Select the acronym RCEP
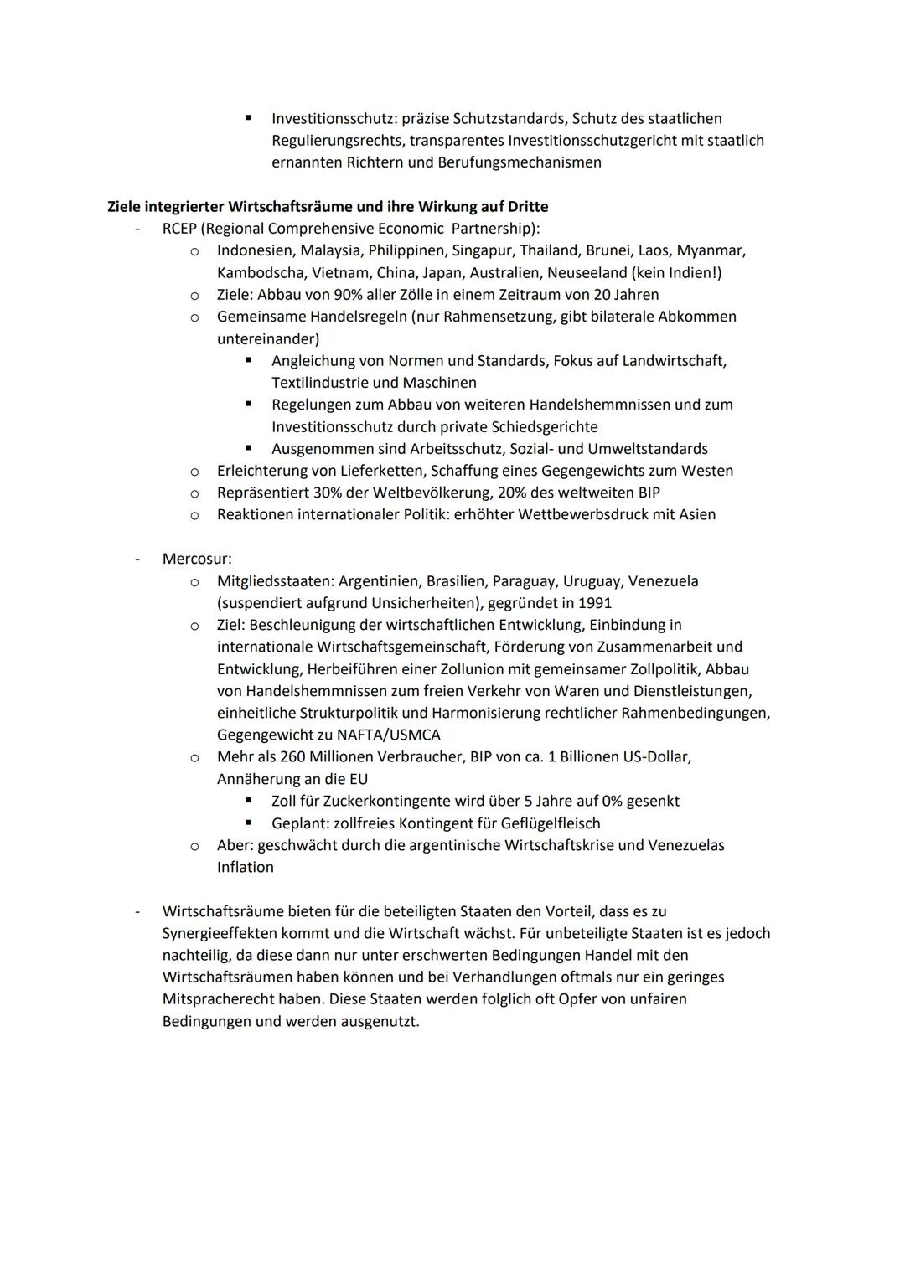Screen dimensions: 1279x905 pos(179,229)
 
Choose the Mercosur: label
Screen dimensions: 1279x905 pos(197,559)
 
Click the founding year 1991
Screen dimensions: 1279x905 pos(594,603)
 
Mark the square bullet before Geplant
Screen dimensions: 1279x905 pos(248,823)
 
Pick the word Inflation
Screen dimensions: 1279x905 pos(245,867)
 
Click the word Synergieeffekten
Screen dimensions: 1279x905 pos(220,933)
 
